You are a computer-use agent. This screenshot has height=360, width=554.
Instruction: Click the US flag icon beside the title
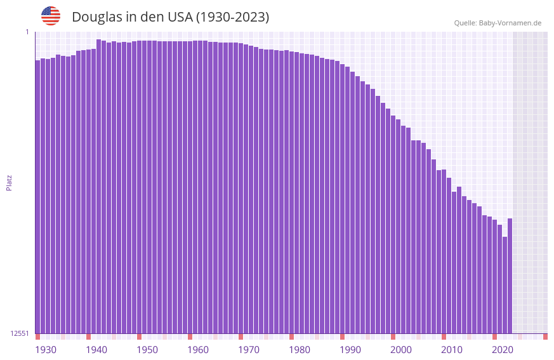pos(51,16)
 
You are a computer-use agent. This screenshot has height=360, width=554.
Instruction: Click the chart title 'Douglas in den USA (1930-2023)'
pos(170,17)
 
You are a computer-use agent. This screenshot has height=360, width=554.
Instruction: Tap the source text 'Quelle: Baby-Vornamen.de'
pos(498,23)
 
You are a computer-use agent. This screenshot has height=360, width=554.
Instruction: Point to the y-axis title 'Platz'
pos(9,182)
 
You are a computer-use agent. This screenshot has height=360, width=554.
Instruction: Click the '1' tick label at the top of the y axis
pos(27,32)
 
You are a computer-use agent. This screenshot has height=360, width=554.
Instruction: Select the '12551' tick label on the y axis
pos(20,333)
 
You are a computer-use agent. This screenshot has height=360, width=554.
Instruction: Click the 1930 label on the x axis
pos(46,350)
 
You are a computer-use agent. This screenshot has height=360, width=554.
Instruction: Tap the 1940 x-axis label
pos(96,350)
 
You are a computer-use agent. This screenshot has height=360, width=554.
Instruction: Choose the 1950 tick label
pos(147,350)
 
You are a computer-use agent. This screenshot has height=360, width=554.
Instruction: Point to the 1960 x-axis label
pos(198,350)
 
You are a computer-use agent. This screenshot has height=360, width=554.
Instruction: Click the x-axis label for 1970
pos(249,350)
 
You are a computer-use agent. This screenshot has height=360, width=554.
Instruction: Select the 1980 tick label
pos(300,350)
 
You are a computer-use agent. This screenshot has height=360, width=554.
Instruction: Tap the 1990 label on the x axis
pos(350,350)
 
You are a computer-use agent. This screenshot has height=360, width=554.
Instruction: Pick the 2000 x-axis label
pos(401,350)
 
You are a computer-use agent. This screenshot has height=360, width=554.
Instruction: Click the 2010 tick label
pos(452,350)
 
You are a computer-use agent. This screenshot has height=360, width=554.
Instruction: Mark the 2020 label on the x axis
pos(503,350)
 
